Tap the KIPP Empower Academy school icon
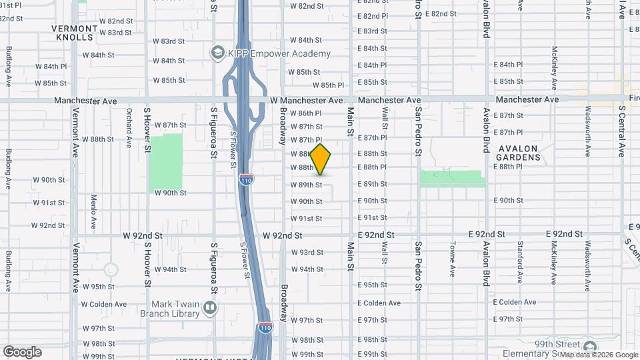pos(217,52)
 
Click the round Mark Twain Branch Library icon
pos(210,307)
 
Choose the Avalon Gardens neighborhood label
pos(518,153)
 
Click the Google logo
pos(22,352)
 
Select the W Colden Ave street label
pos(104,304)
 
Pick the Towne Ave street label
pos(453,259)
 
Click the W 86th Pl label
pos(307,113)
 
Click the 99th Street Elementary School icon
pos(589,347)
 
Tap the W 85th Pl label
pos(328,85)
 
